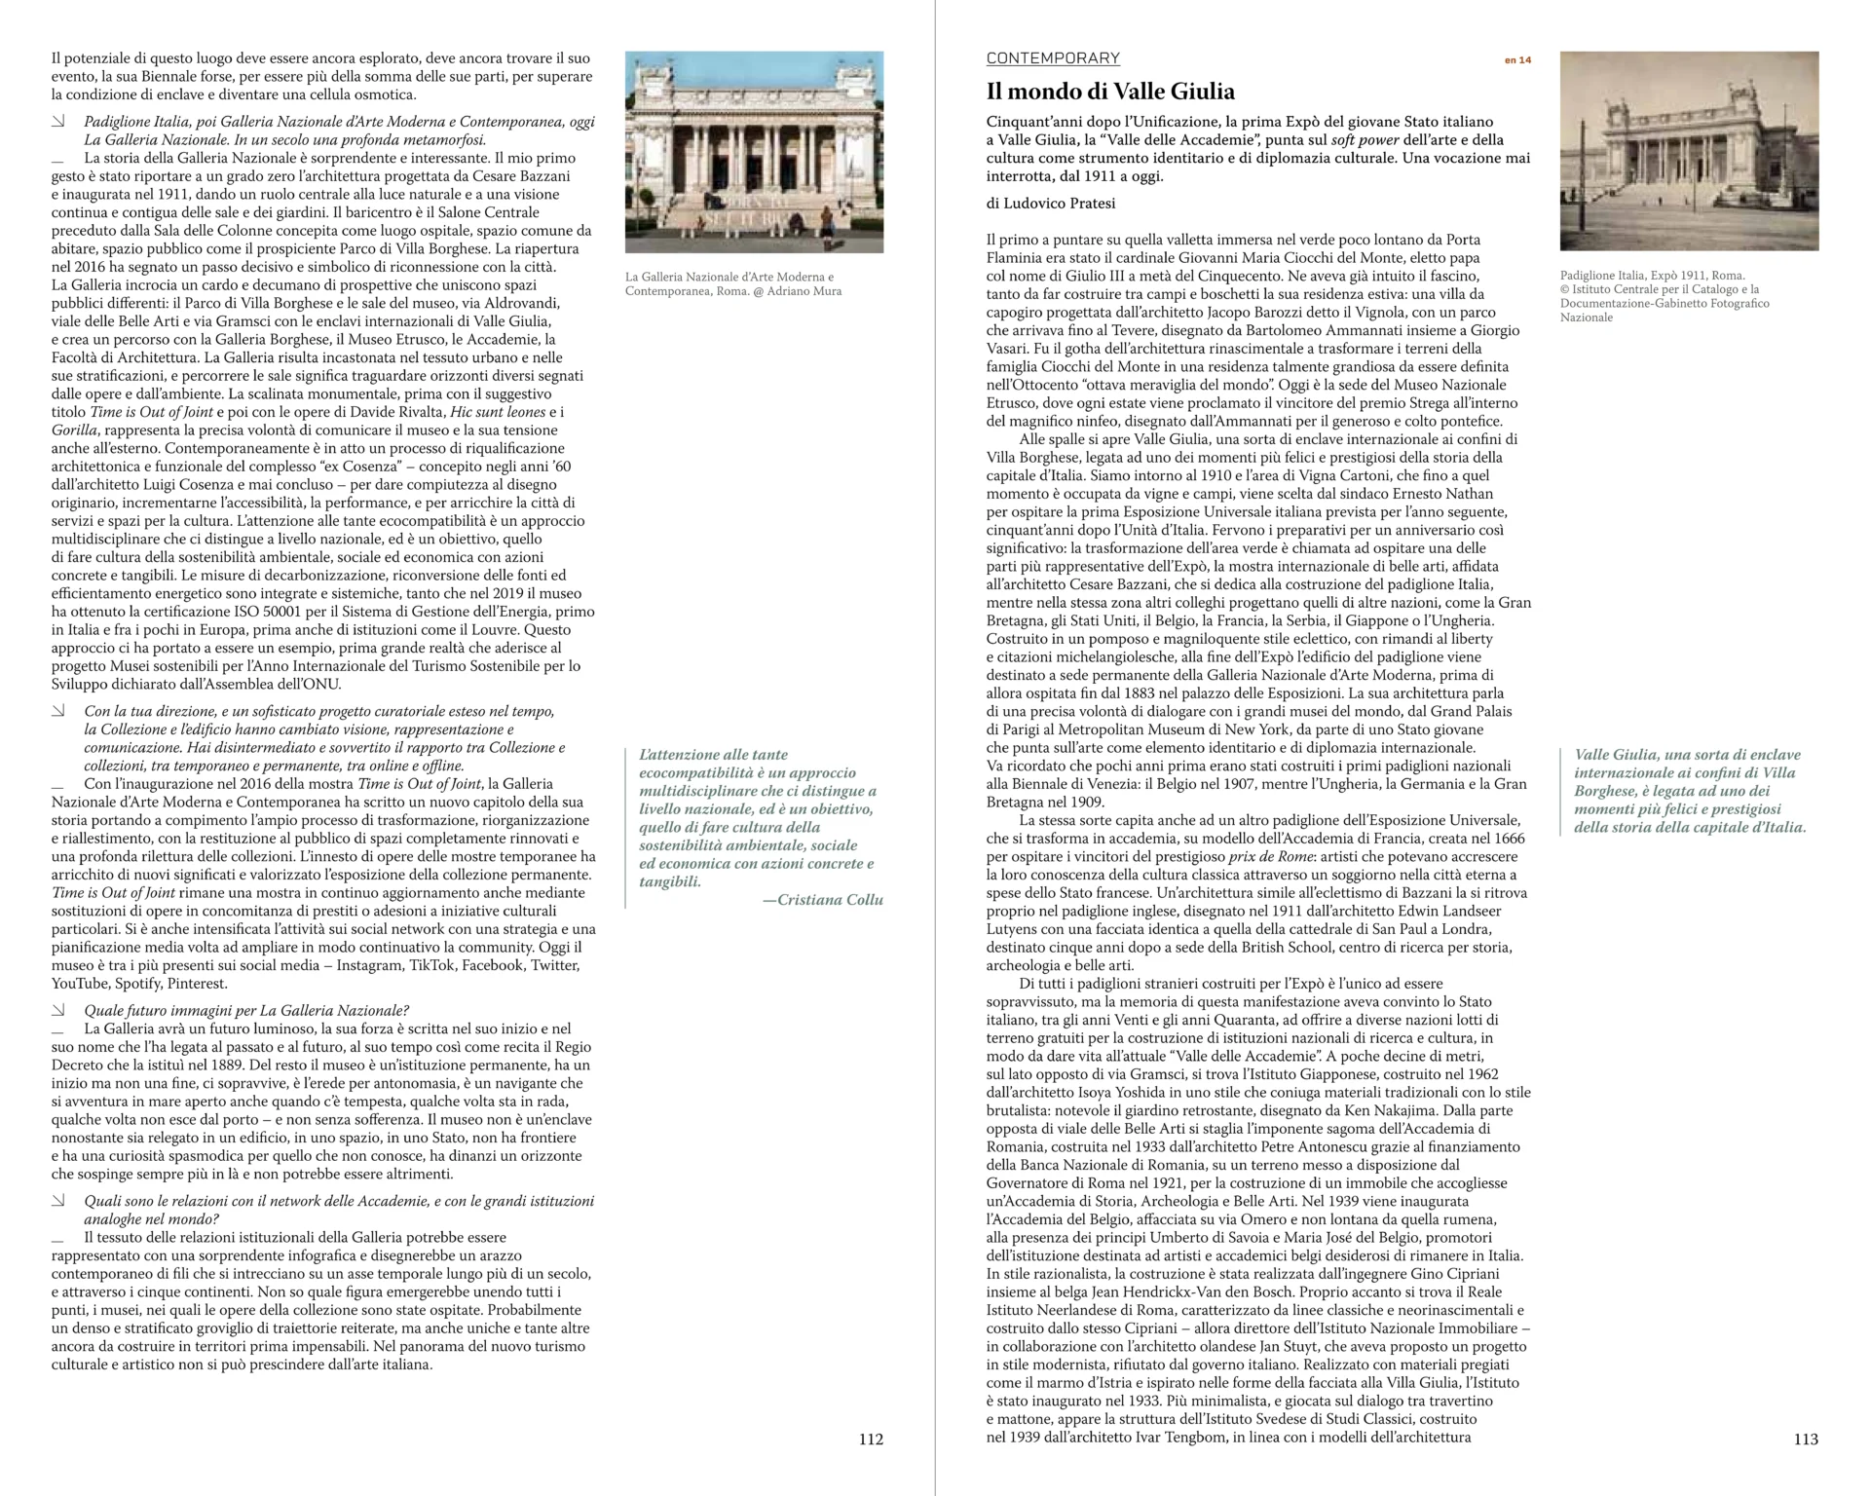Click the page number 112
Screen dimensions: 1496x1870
click(871, 1439)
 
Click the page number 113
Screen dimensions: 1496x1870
click(1806, 1439)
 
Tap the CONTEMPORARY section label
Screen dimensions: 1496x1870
click(1053, 58)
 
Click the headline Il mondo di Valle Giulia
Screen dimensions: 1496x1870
click(1110, 92)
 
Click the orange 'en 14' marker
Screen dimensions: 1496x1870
click(1517, 60)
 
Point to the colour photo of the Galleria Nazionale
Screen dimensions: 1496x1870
click(754, 152)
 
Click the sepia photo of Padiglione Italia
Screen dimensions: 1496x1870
click(1689, 151)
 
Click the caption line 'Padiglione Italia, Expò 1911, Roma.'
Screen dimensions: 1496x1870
click(1652, 276)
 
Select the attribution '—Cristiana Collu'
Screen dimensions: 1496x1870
click(822, 900)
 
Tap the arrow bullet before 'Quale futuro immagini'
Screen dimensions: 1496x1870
click(58, 1010)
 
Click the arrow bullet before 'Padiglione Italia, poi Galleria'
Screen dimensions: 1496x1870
click(58, 122)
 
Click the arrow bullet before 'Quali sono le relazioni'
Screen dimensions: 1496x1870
click(58, 1202)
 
